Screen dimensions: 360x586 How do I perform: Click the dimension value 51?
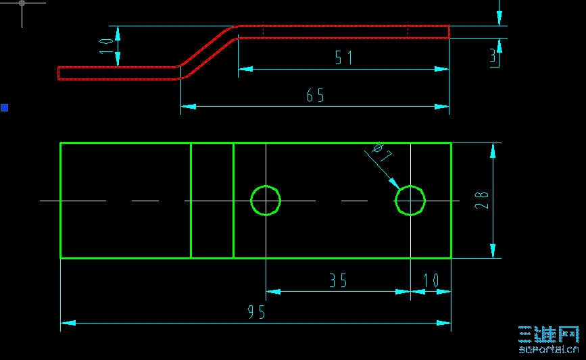click(344, 58)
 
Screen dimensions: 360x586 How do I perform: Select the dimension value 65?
click(315, 96)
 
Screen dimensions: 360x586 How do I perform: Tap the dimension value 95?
click(256, 312)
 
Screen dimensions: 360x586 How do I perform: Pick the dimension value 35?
click(338, 280)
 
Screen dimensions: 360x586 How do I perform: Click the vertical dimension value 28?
click(482, 200)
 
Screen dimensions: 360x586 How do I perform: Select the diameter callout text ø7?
click(382, 153)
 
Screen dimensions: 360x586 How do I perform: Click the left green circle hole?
click(266, 201)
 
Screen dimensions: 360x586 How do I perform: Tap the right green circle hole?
click(410, 201)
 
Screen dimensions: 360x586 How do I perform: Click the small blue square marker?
click(4, 107)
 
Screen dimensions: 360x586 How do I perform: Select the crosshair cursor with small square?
click(22, 3)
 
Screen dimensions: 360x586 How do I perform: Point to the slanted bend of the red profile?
click(208, 49)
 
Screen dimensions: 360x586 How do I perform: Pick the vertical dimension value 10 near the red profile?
click(106, 47)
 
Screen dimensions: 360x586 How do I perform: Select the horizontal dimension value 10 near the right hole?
click(431, 280)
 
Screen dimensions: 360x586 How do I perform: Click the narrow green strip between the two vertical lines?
click(212, 201)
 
